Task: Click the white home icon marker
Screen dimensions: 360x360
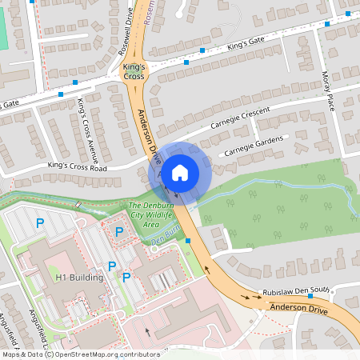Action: click(180, 172)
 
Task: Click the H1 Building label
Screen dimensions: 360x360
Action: click(79, 278)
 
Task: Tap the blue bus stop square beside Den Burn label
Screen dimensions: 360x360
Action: click(188, 240)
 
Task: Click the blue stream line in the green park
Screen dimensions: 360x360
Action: click(264, 185)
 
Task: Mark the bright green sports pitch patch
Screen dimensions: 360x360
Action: click(2, 32)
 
